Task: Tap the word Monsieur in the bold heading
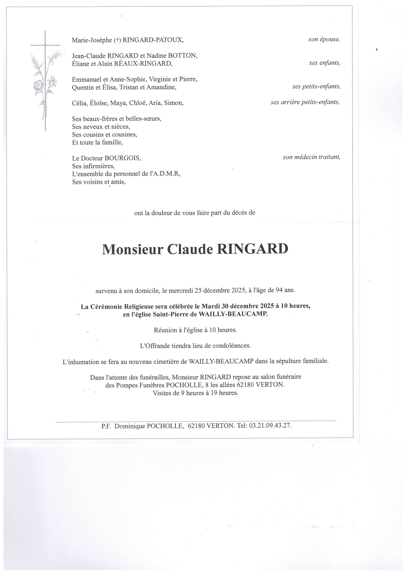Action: pos(133,249)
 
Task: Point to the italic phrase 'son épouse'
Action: pos(324,39)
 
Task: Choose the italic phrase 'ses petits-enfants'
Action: pos(316,87)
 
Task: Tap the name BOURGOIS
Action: pos(123,158)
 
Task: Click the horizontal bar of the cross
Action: pos(45,45)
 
